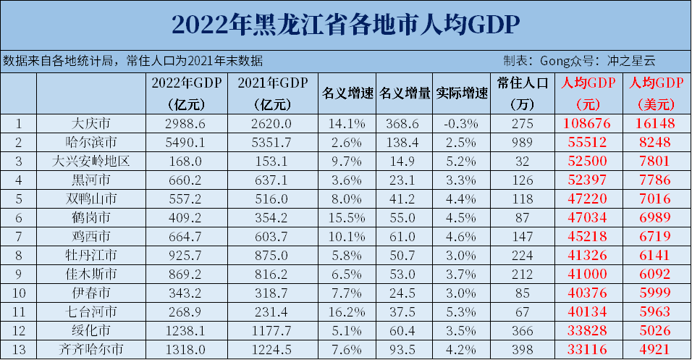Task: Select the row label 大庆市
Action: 91,123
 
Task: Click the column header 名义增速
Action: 347,93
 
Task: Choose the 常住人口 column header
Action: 525,83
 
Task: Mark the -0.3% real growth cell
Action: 463,123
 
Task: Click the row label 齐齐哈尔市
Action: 91,349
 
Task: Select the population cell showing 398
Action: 525,349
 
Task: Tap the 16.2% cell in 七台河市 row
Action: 347,311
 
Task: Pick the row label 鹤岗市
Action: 91,217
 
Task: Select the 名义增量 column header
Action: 405,93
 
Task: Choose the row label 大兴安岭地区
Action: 91,161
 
